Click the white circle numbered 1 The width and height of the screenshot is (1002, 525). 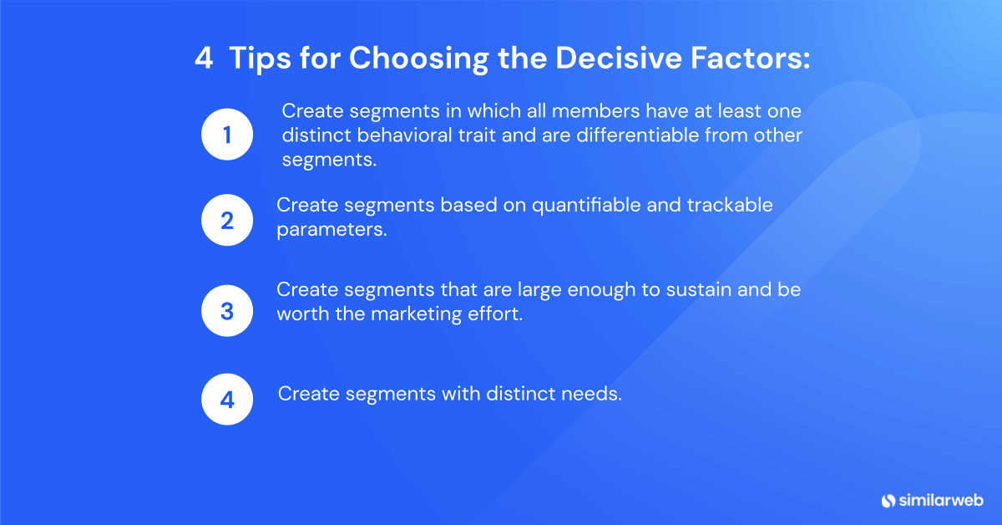click(227, 135)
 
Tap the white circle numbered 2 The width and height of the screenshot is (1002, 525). click(227, 220)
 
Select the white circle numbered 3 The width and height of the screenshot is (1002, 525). click(227, 310)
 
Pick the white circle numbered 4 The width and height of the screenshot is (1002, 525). click(227, 399)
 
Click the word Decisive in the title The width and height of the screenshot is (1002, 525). click(618, 58)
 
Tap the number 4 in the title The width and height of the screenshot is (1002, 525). click(204, 58)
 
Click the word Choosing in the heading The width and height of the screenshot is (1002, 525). click(418, 59)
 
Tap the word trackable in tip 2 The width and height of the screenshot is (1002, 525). click(730, 205)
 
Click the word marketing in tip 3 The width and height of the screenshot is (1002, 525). click(416, 314)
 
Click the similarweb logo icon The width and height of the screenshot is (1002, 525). click(888, 501)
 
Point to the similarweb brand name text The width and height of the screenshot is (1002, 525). click(941, 501)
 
